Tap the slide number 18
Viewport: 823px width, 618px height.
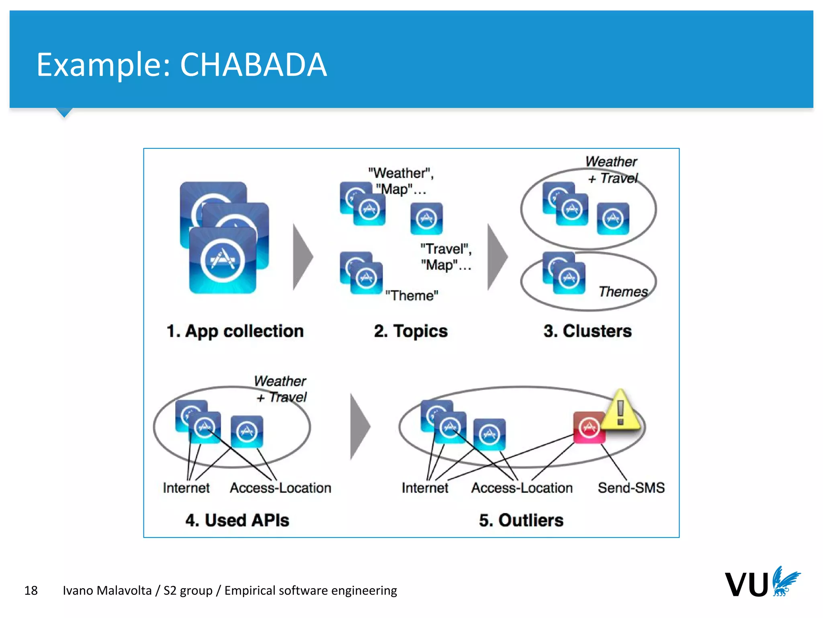(x=31, y=590)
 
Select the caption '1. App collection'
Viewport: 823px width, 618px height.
(x=235, y=331)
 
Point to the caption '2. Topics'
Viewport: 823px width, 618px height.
(x=411, y=331)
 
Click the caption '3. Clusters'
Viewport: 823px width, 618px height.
(x=588, y=331)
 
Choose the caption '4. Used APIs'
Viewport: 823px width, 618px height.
(x=237, y=520)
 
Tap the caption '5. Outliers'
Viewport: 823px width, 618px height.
(x=521, y=520)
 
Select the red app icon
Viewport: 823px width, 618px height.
(x=589, y=427)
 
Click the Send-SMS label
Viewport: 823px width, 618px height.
(x=631, y=488)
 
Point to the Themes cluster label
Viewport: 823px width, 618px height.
(x=623, y=291)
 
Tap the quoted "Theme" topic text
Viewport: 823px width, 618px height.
(x=411, y=295)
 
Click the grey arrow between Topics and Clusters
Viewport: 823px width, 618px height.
(x=497, y=257)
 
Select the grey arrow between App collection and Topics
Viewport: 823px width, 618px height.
(x=302, y=257)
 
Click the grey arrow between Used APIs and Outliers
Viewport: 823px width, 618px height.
(x=359, y=426)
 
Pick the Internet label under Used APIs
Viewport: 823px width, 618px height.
(x=186, y=488)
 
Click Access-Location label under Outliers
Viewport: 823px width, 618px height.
(x=522, y=488)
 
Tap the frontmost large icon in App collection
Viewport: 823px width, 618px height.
(x=223, y=260)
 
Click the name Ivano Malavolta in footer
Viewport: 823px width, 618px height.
(x=107, y=590)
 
